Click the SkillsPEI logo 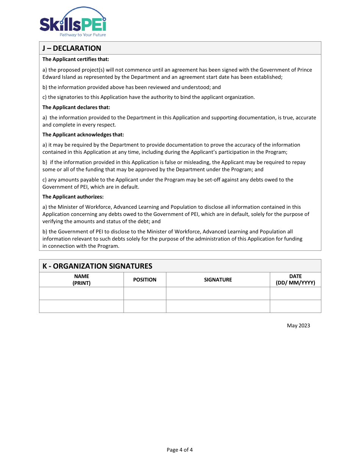click(x=73, y=22)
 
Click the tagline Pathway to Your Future click(x=83, y=34)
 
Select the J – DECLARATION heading click(x=72, y=48)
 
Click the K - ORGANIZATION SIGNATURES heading click(x=97, y=266)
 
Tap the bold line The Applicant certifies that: click(x=76, y=59)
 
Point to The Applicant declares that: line click(x=76, y=107)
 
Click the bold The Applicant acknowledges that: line click(x=83, y=134)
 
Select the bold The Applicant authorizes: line click(x=73, y=197)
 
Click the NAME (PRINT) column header click(x=81, y=280)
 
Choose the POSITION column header click(x=145, y=280)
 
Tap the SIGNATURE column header click(x=218, y=280)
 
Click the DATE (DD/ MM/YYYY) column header click(x=295, y=280)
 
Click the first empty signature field click(x=218, y=293)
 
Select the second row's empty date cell click(x=295, y=306)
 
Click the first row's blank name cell click(x=81, y=293)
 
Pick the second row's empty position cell click(x=145, y=306)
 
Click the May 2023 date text click(x=298, y=325)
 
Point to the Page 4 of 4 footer click(x=180, y=450)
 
